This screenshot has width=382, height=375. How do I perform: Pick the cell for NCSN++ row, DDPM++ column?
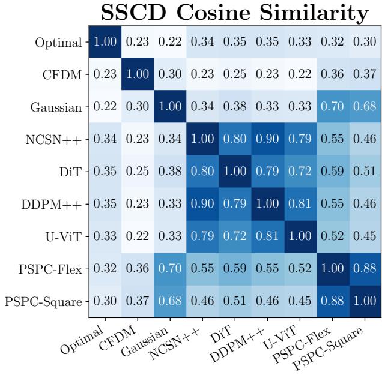267,141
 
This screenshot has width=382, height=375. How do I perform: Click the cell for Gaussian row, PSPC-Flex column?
332,109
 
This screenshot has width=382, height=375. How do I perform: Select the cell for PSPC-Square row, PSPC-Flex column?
332,304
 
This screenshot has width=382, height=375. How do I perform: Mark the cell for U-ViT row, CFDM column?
138,239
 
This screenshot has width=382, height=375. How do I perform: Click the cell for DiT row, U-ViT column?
300,173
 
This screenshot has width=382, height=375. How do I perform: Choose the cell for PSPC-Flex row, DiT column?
235,271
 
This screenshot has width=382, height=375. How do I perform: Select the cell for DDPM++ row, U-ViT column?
300,206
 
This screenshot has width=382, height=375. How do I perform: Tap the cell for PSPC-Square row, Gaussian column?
170,304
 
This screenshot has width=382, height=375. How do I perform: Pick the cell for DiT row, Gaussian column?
170,173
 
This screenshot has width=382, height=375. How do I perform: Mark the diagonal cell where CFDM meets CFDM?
138,76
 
